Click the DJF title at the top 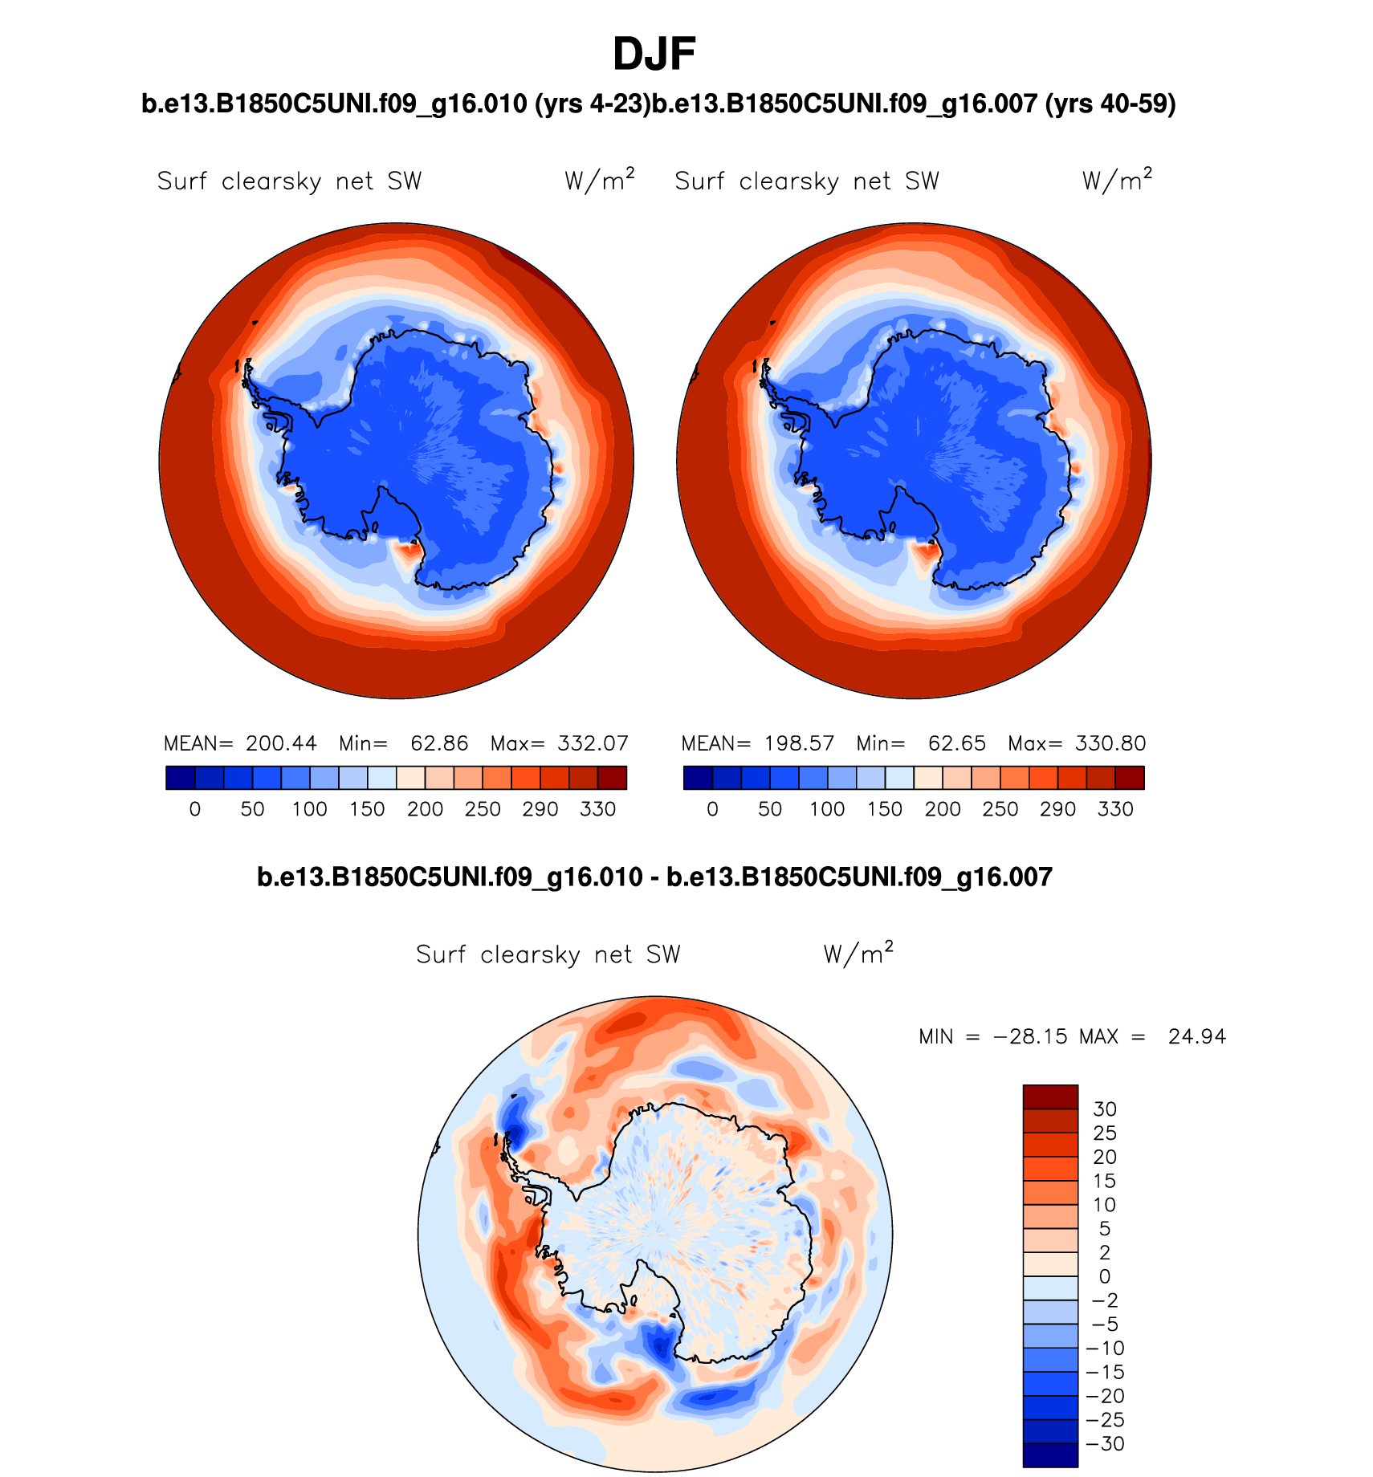(654, 55)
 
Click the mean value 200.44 (281, 743)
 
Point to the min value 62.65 (956, 743)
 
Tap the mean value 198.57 (799, 743)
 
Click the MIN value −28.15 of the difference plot (1030, 1036)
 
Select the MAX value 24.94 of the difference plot (1197, 1036)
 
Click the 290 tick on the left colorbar (540, 809)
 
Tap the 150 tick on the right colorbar (885, 809)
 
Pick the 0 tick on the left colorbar (195, 809)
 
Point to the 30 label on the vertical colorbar (1105, 1109)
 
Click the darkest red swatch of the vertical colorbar (1049, 1097)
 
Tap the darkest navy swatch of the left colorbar (180, 778)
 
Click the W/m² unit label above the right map (1117, 181)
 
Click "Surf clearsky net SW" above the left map (289, 181)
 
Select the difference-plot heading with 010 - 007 (654, 877)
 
